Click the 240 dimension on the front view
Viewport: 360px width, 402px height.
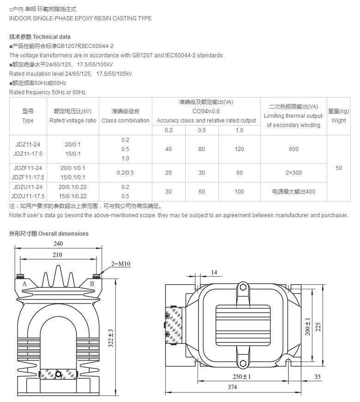click(58, 244)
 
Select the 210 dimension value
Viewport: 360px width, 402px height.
click(57, 255)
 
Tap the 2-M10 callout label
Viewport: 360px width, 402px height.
click(120, 264)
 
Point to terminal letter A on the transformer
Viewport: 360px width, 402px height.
click(24, 284)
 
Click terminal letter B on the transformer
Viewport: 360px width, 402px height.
click(92, 284)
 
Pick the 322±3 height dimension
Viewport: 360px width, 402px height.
click(111, 338)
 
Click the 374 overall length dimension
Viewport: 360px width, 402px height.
click(232, 387)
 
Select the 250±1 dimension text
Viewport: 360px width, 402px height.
click(241, 377)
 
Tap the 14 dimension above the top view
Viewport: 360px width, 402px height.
click(214, 272)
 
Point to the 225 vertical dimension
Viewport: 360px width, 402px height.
click(318, 327)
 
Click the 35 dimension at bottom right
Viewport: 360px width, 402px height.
click(318, 377)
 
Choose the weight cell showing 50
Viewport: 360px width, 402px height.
click(338, 168)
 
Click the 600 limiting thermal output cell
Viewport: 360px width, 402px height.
click(294, 149)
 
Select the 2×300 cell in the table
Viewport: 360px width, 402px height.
click(294, 172)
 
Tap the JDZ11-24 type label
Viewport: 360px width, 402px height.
click(28, 144)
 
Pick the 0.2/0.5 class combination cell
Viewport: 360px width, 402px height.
click(125, 172)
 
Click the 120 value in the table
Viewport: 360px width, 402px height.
click(239, 149)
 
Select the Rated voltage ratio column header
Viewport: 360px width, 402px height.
click(73, 120)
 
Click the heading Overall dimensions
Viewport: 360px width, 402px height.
click(63, 233)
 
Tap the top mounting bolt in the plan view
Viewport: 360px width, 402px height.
click(243, 287)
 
